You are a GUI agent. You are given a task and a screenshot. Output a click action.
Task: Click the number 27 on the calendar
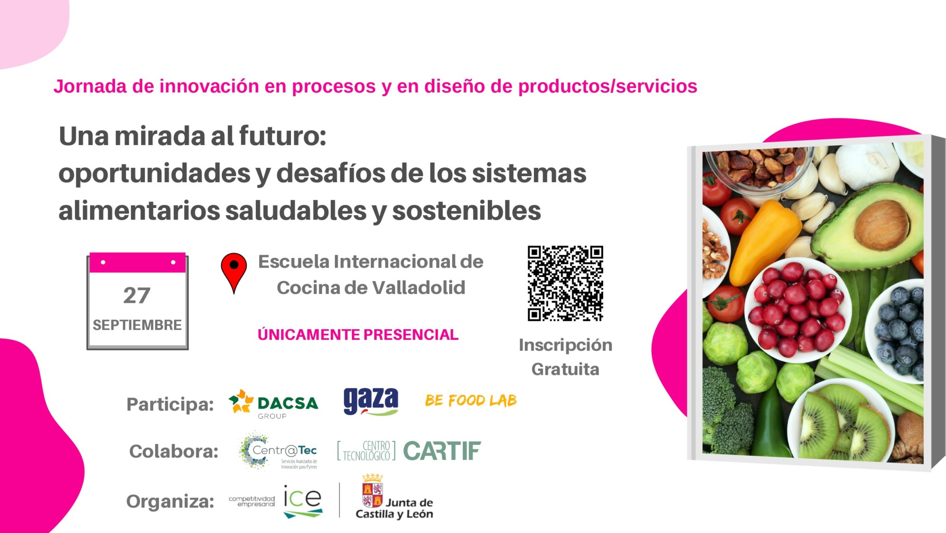pos(137,295)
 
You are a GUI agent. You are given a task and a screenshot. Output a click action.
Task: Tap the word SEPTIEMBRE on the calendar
pos(137,325)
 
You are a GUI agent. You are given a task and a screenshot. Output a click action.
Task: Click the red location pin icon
pos(234,273)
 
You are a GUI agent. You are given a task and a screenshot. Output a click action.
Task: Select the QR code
pos(565,283)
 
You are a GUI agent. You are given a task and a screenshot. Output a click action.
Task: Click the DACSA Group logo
pos(273,404)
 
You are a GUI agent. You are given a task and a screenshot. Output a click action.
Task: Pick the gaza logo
pos(371,401)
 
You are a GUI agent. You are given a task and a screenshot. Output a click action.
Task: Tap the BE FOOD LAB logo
pos(471,400)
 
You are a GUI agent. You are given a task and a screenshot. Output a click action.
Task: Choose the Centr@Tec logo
pos(278,451)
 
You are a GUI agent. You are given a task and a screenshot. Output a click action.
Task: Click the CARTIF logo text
pos(442,451)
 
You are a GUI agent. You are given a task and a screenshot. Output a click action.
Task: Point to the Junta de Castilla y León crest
pos(373,490)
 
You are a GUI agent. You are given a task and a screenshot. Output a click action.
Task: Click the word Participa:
pos(170,404)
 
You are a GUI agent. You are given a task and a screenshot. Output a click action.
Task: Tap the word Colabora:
pos(174,451)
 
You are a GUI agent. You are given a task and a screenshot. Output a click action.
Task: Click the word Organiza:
pos(170,502)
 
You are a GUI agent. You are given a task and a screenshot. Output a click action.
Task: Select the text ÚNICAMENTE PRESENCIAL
pos(358,335)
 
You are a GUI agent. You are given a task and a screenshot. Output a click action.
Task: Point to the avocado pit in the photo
pos(881,226)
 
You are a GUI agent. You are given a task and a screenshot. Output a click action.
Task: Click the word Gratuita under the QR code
pos(565,369)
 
